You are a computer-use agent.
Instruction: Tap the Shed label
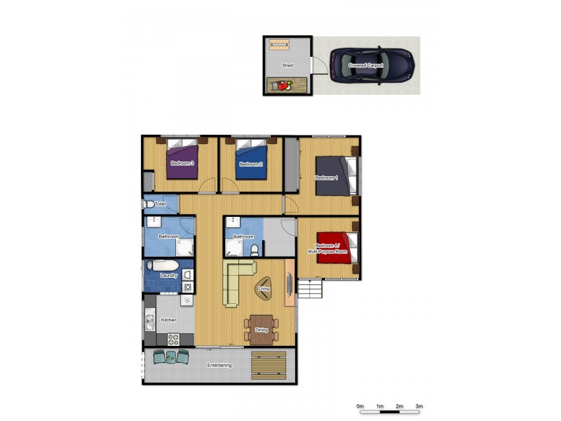[288, 65]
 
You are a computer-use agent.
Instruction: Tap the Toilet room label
[160, 204]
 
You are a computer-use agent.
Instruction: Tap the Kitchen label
[168, 320]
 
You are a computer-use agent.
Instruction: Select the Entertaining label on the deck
[219, 365]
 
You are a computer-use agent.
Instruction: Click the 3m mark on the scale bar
[419, 406]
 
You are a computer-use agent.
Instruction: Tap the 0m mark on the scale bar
[360, 406]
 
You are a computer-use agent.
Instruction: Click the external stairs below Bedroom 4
[310, 288]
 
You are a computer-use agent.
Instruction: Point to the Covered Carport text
[366, 65]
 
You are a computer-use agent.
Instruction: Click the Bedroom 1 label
[327, 178]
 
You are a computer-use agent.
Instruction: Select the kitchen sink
[150, 322]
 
